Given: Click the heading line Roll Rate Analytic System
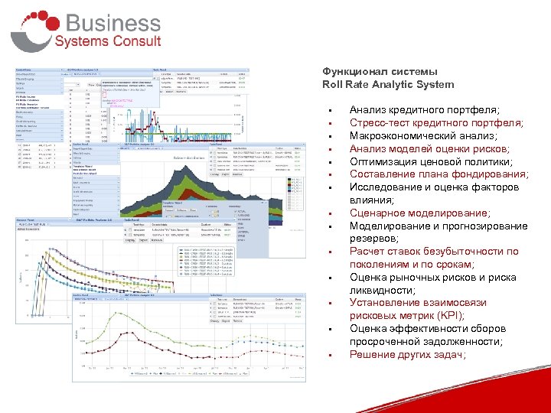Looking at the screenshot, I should click(388, 84).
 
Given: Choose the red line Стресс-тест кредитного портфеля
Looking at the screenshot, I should click(436, 122).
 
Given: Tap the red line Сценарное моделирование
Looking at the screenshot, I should click(419, 213).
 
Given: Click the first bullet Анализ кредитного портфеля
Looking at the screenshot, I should click(424, 110).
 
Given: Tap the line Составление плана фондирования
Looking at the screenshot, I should click(439, 174).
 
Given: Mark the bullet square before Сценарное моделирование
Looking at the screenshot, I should click(328, 214).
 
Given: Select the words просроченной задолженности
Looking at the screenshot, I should click(425, 342).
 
